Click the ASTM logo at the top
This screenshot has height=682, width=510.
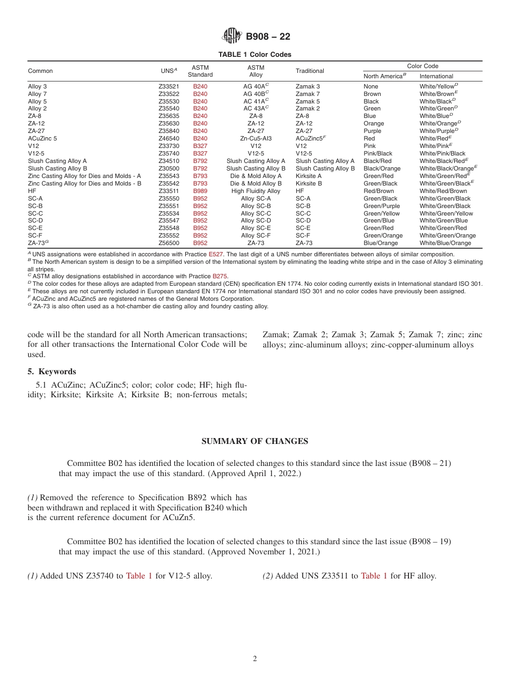point(232,36)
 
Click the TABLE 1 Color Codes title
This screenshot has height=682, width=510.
point(254,55)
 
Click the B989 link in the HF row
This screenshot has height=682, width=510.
point(200,191)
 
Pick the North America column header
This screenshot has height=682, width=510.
point(384,76)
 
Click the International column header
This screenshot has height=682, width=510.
point(436,76)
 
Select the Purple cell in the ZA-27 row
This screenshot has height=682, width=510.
point(372,131)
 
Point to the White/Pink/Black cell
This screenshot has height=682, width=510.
point(442,153)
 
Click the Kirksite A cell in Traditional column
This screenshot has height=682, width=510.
point(309,176)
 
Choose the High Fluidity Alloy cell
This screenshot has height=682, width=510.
point(256,191)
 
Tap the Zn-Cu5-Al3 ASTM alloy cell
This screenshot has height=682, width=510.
point(256,138)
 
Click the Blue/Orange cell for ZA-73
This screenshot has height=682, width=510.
point(381,243)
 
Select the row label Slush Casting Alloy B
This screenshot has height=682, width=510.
point(57,168)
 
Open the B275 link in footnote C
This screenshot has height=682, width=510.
point(220,276)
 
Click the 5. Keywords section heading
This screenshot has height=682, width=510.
point(52,372)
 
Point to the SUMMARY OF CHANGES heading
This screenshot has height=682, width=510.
point(254,441)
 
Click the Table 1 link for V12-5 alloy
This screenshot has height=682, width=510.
point(139,576)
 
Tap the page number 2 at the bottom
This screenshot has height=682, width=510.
point(255,659)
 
